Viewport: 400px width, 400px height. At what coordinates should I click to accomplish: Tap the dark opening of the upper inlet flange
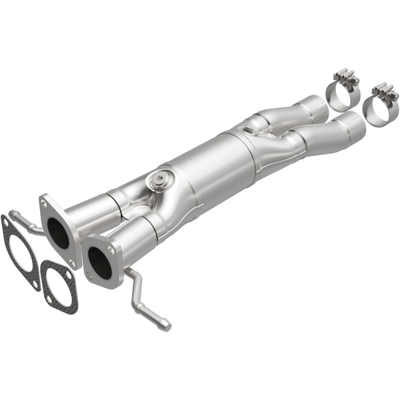[x=59, y=231]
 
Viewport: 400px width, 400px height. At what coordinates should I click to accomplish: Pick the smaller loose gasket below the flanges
[x=59, y=287]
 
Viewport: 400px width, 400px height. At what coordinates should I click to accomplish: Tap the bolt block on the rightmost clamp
[x=385, y=92]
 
